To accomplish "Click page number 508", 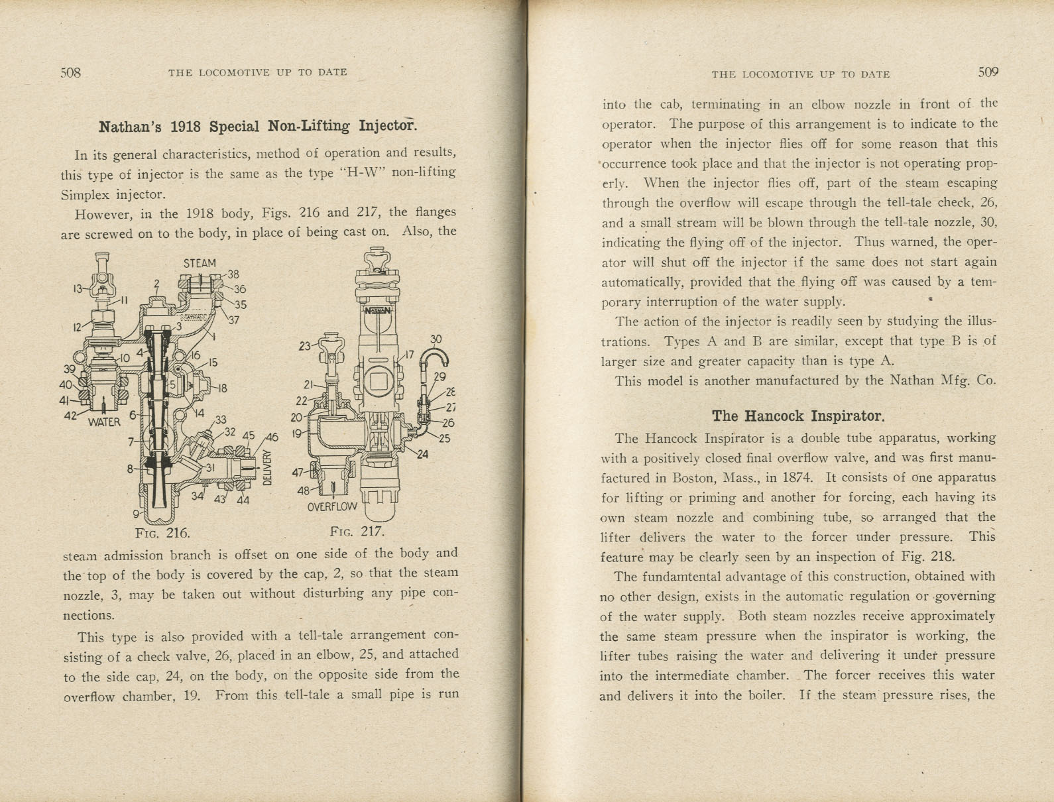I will [x=70, y=73].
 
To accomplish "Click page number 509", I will [x=988, y=73].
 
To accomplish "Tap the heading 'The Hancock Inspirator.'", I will [x=798, y=416].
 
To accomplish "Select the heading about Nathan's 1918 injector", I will [x=257, y=126].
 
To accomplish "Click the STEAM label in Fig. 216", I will [x=200, y=263].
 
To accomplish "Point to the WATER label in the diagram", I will [x=104, y=422].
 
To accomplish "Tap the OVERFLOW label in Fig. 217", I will [x=332, y=507].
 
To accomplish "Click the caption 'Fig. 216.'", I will [x=162, y=533].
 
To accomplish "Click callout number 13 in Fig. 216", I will [x=78, y=288].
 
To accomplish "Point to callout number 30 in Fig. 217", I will [x=436, y=339].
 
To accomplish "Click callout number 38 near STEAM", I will [x=233, y=274].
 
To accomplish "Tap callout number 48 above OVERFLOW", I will [x=303, y=491].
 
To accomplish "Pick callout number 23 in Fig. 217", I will [x=305, y=345].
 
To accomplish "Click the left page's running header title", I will [x=258, y=72].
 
